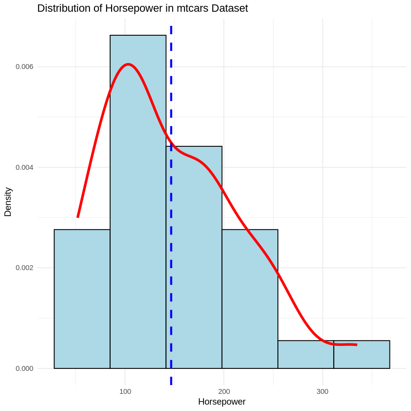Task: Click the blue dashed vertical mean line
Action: pos(171,98)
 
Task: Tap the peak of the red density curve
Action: pos(128,64)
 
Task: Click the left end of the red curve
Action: pos(78,216)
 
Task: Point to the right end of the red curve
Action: pos(356,345)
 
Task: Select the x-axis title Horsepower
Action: pos(222,402)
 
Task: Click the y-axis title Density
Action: pos(8,202)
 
